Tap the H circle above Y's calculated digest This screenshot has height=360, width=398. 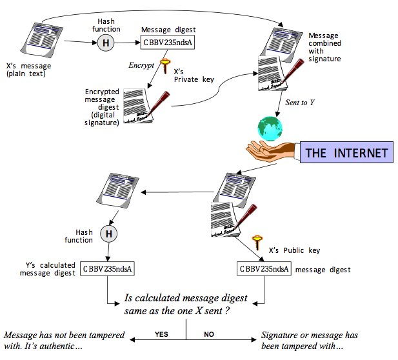click(109, 234)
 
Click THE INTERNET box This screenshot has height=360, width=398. click(346, 153)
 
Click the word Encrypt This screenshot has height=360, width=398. click(141, 65)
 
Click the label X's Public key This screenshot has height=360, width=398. click(294, 250)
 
